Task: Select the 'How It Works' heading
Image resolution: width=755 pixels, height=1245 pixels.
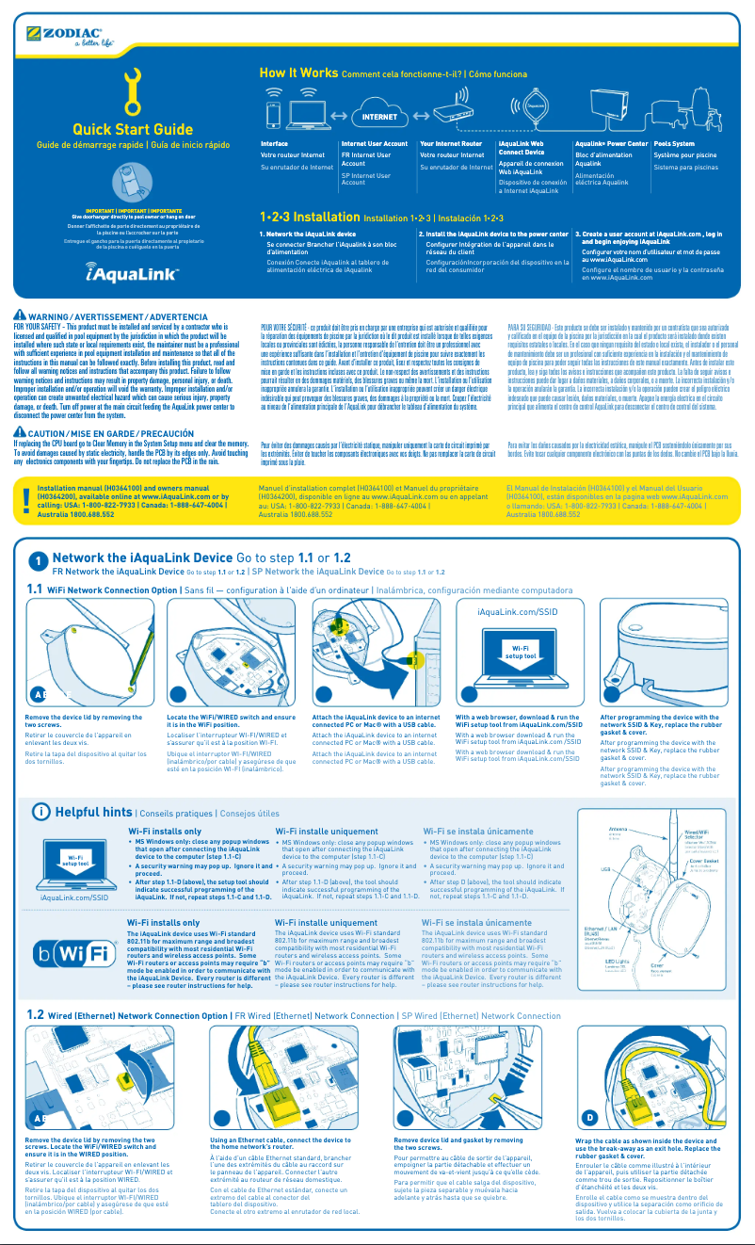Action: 298,73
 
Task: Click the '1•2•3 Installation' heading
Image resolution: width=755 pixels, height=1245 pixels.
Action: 309,217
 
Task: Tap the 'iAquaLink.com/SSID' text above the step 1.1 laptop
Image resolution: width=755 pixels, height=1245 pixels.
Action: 518,611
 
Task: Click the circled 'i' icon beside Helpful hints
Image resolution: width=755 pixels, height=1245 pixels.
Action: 41,812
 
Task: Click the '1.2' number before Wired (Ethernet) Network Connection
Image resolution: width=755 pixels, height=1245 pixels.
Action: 36,1015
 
